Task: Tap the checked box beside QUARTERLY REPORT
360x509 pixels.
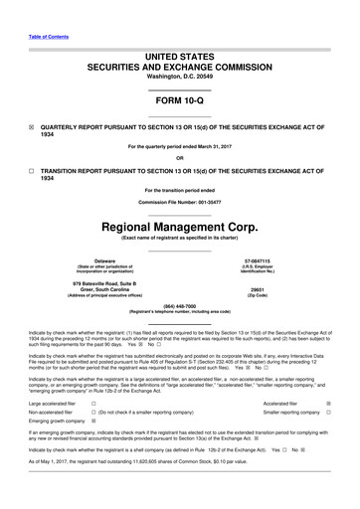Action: [x=31, y=128]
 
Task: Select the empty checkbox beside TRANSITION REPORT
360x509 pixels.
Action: [x=31, y=171]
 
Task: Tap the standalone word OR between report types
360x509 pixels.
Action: [x=179, y=157]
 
